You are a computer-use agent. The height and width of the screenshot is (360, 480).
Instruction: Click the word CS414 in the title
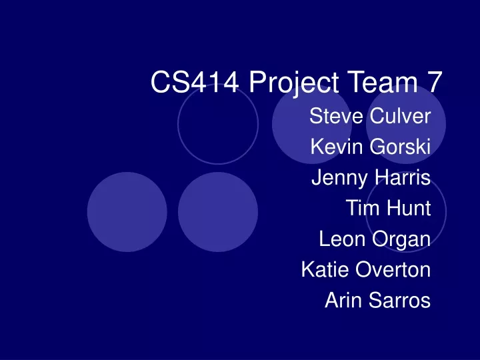[195, 82]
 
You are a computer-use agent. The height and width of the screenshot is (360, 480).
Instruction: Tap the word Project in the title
[294, 83]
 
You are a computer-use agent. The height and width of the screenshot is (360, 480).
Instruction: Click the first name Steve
[336, 116]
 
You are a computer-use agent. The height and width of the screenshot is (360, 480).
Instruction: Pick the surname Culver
[401, 116]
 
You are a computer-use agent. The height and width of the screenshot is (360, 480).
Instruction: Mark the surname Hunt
[409, 208]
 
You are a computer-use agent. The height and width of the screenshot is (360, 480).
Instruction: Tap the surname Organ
[401, 240]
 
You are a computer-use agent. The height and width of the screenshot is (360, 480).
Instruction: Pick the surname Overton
[393, 269]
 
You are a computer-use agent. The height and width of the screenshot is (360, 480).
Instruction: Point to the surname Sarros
[400, 300]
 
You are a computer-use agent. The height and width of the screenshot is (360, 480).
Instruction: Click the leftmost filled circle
[127, 212]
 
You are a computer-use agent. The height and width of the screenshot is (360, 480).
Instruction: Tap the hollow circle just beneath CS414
[178, 124]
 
